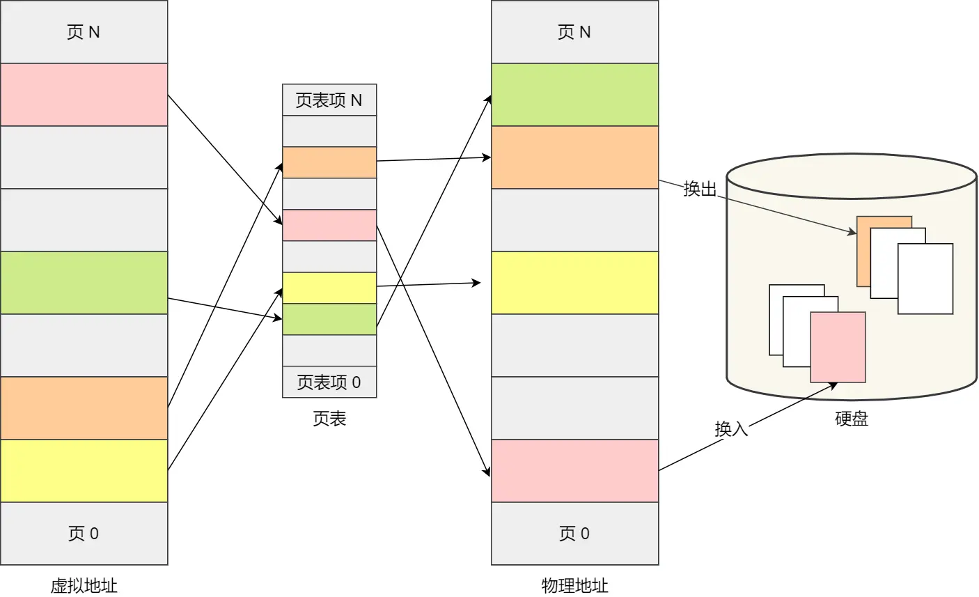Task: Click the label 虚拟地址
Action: (x=84, y=585)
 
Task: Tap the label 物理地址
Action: (x=574, y=585)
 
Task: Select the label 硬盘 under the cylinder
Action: (x=852, y=419)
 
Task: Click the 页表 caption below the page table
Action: (x=329, y=419)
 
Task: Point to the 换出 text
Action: (x=700, y=189)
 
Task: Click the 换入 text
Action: (x=731, y=428)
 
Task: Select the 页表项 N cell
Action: (x=329, y=100)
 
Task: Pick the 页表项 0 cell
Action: (x=329, y=382)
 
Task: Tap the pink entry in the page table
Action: (x=329, y=225)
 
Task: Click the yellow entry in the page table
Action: (x=329, y=288)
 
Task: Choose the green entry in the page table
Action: (x=329, y=319)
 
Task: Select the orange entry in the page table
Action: (x=329, y=162)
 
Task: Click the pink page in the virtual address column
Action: (x=84, y=95)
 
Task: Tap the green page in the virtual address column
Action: (x=84, y=283)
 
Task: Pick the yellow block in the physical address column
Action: (x=574, y=283)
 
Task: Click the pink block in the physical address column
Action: (x=574, y=471)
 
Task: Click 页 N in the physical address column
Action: (x=574, y=32)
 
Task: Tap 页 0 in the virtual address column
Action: (x=84, y=534)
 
